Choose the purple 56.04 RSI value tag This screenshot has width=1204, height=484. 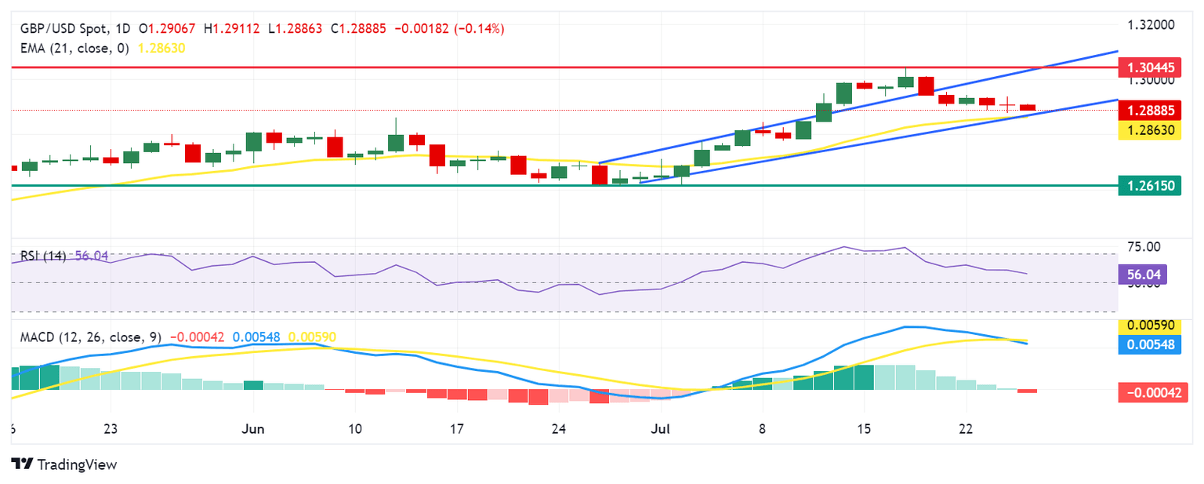(1145, 274)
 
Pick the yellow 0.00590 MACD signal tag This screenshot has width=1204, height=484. (1149, 326)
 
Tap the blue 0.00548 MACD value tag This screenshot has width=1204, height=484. (1149, 344)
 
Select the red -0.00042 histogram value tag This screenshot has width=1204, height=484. (1149, 392)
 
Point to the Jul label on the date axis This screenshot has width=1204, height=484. (661, 429)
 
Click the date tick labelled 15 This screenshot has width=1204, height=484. (864, 429)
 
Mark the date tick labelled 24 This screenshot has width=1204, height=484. (559, 429)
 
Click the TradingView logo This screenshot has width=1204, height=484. (64, 464)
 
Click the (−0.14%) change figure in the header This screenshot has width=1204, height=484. (481, 28)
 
